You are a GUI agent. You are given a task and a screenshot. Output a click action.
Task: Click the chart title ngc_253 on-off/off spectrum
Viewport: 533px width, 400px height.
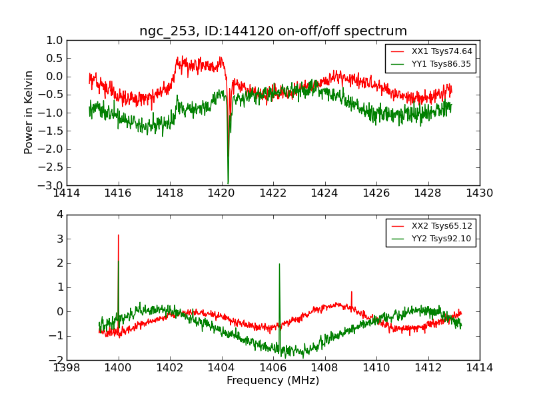pyautogui.click(x=272, y=31)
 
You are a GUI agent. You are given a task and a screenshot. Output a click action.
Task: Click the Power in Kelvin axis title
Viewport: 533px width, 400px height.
pyautogui.click(x=29, y=112)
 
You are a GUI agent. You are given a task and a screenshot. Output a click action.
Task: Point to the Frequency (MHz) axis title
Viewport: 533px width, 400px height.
pyautogui.click(x=272, y=381)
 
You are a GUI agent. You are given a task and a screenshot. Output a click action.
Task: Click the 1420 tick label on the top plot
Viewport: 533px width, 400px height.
pyautogui.click(x=221, y=193)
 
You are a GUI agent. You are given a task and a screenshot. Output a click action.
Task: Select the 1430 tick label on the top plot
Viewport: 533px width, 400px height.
pyautogui.click(x=479, y=193)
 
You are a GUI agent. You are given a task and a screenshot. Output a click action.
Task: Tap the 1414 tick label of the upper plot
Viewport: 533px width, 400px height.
pyautogui.click(x=67, y=193)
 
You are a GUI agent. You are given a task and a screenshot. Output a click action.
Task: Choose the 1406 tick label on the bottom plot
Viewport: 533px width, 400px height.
pyautogui.click(x=272, y=367)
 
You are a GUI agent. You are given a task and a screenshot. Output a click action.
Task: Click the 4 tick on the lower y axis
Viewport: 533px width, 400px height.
pyautogui.click(x=59, y=215)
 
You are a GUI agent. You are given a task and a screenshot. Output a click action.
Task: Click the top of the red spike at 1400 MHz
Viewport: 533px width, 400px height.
pyautogui.click(x=119, y=235)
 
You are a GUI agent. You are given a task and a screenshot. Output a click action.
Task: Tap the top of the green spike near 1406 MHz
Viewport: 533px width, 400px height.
pyautogui.click(x=279, y=264)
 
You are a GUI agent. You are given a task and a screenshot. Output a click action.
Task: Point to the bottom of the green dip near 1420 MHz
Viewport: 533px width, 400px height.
pyautogui.click(x=228, y=183)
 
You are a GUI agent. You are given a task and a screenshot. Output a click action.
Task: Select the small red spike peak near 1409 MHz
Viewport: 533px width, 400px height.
pyautogui.click(x=352, y=292)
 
